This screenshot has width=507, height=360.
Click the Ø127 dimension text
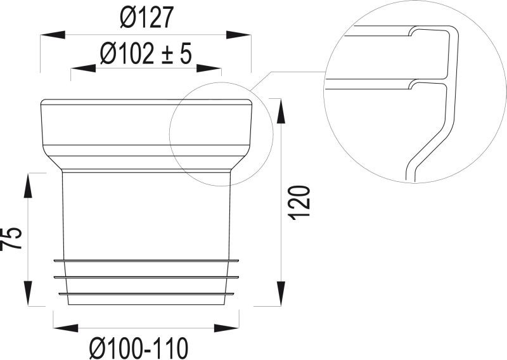click(x=146, y=19)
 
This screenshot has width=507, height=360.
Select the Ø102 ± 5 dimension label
click(x=146, y=55)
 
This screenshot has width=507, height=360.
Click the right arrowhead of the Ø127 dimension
click(x=240, y=37)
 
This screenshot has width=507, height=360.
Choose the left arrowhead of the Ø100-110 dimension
click(x=65, y=328)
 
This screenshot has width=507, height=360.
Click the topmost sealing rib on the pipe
click(x=146, y=260)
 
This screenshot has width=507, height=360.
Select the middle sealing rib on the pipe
click(x=146, y=277)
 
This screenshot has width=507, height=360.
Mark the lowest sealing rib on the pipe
click(x=146, y=293)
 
